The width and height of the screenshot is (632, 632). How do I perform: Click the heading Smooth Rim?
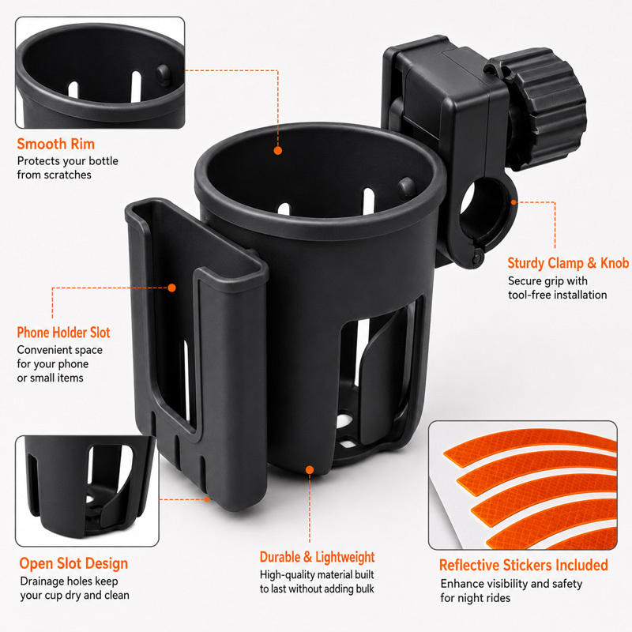[x=55, y=144]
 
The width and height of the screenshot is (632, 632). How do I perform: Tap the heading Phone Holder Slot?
[x=63, y=333]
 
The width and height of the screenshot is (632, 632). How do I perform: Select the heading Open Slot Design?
[x=73, y=563]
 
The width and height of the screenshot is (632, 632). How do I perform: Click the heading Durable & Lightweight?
[x=318, y=557]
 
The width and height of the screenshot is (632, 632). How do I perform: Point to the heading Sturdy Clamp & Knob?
[x=568, y=263]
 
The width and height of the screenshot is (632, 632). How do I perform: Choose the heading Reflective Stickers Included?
[x=523, y=565]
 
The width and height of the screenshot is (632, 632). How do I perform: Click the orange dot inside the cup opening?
[x=278, y=150]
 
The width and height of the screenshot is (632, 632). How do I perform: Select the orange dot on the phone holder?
[x=171, y=288]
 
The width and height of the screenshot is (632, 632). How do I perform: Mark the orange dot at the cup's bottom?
[x=310, y=470]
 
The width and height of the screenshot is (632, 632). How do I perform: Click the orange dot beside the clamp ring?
[x=513, y=202]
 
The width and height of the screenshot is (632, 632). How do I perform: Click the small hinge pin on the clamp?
[x=478, y=256]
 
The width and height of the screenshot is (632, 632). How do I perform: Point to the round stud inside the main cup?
[x=406, y=186]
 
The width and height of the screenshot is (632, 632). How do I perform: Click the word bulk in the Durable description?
[x=364, y=589]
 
